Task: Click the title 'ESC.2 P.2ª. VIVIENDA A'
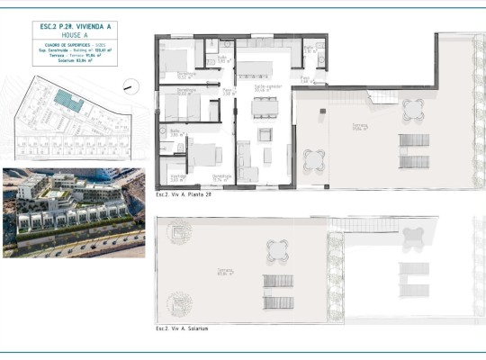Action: [75, 26]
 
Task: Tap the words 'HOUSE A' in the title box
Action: [75, 35]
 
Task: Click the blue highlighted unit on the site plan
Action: [66, 98]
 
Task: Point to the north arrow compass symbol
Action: [132, 86]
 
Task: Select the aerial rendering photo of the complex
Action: [73, 212]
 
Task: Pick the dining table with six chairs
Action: [265, 108]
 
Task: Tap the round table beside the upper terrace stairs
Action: [413, 109]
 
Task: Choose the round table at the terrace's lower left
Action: [314, 160]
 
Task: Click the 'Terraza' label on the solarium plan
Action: [224, 272]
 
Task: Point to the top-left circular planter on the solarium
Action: [179, 233]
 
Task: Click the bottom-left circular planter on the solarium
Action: [179, 304]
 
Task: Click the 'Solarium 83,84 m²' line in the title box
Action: [75, 62]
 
